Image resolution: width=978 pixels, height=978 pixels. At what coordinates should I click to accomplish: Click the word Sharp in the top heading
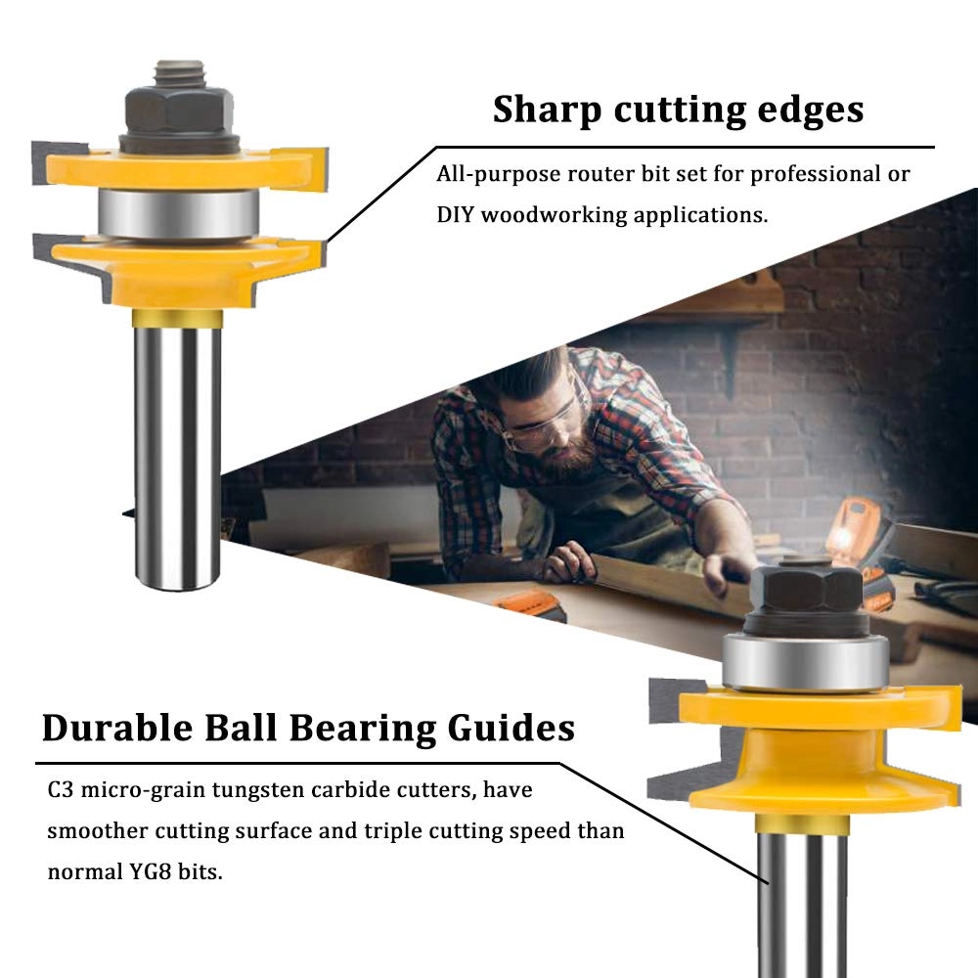click(549, 111)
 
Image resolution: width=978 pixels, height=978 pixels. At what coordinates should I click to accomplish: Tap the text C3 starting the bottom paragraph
click(60, 789)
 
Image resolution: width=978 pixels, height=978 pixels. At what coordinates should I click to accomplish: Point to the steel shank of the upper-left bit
click(177, 450)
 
